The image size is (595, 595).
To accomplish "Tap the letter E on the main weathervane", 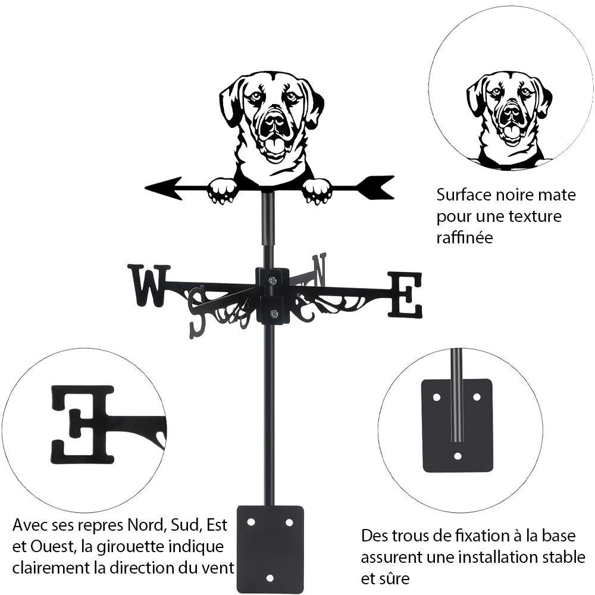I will click(406, 294).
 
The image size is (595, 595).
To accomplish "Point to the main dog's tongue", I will click(274, 145).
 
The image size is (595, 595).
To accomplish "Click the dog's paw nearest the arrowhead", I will click(223, 190).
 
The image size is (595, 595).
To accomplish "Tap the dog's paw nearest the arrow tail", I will click(317, 191).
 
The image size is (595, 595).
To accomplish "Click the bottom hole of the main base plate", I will click(270, 578).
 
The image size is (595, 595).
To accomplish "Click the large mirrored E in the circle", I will click(83, 424).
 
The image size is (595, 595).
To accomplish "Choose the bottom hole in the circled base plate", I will click(457, 456).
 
